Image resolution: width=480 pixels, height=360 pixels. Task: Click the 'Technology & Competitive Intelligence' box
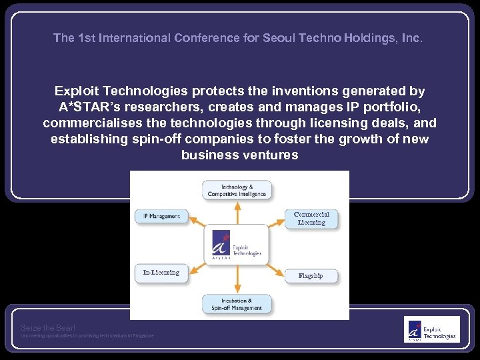(237, 191)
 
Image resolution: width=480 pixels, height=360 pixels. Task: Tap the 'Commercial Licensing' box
(311, 219)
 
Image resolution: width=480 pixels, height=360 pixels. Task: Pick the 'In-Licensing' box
(161, 273)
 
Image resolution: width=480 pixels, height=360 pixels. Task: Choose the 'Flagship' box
(311, 275)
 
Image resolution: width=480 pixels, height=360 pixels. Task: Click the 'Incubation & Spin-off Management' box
(237, 304)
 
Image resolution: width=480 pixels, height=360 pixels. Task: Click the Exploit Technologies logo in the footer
(431, 329)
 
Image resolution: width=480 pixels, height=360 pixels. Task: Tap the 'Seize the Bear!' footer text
(48, 327)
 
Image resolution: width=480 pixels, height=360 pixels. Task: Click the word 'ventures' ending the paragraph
(273, 155)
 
